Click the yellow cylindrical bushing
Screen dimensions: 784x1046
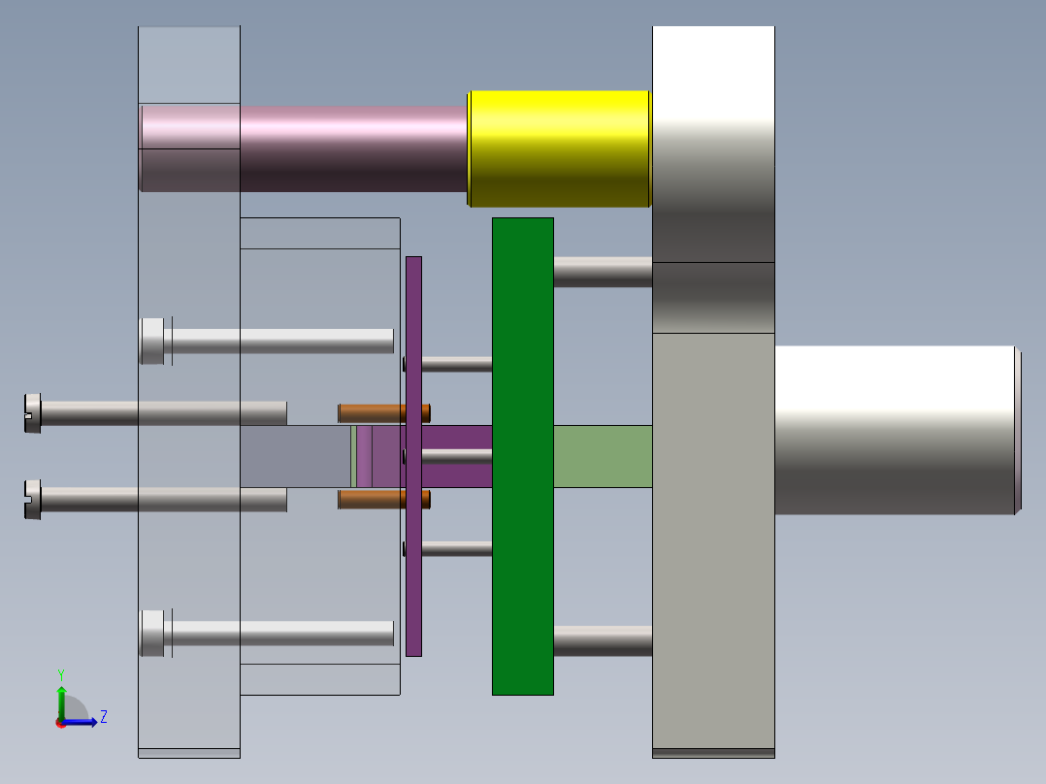(x=558, y=148)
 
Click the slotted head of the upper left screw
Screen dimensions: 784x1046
(x=32, y=412)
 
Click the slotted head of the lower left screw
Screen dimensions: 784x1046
(x=32, y=500)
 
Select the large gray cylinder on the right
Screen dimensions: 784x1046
(x=893, y=430)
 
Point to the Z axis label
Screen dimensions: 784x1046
(x=103, y=717)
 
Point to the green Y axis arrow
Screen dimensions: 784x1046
(x=61, y=699)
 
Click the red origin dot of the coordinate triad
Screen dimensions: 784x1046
(x=61, y=722)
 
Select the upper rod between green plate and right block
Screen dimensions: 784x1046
(x=602, y=272)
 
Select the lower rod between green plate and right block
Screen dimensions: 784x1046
(x=602, y=641)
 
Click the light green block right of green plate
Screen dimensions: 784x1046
(x=602, y=456)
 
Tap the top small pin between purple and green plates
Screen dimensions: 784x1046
(x=456, y=365)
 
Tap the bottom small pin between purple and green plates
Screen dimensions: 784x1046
(x=456, y=548)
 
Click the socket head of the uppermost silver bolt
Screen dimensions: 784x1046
(x=152, y=341)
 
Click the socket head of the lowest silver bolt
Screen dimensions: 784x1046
(x=152, y=633)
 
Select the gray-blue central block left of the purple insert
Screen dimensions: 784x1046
(x=295, y=456)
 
